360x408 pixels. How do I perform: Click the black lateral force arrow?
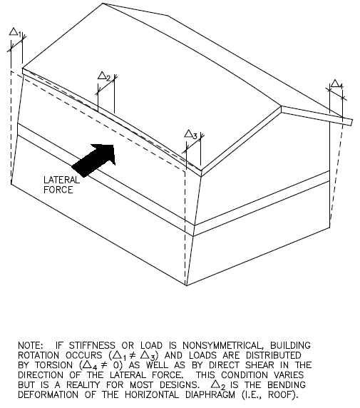[94, 160]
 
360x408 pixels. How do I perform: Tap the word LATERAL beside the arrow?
[61, 180]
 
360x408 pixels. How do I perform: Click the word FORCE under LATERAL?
[58, 190]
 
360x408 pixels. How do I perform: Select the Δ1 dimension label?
[15, 32]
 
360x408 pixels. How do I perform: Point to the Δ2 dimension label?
[104, 76]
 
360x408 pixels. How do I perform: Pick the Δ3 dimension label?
[191, 135]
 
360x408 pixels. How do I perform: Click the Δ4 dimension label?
[337, 84]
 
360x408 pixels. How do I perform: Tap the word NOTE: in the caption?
[30, 345]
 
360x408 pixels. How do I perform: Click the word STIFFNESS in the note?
[92, 345]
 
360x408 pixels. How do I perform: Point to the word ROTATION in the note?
[38, 355]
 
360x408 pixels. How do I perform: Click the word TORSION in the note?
[54, 365]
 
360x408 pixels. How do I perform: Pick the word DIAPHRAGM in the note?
[210, 395]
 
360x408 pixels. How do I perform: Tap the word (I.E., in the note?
[252, 395]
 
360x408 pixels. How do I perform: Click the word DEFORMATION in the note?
[48, 395]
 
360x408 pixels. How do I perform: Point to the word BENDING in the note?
[287, 385]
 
